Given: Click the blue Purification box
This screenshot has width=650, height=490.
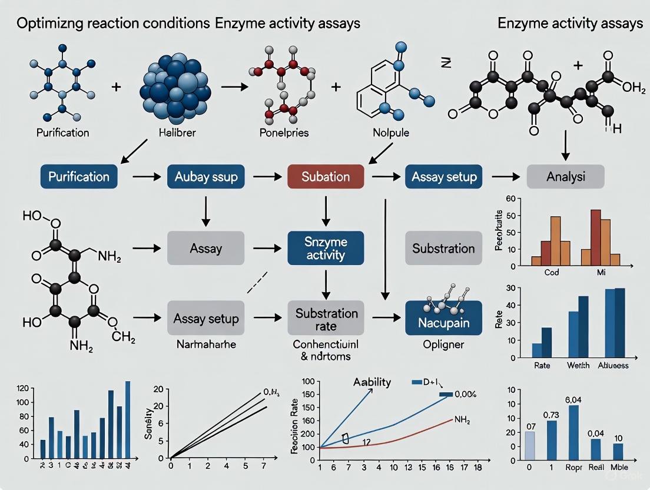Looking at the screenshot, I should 78,177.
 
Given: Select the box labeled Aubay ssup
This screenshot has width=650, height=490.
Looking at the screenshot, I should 206,177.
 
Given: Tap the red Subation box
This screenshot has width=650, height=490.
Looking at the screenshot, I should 326,177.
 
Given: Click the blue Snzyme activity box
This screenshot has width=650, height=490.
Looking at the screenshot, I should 326,248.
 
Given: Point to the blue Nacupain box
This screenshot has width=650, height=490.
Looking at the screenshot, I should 443,318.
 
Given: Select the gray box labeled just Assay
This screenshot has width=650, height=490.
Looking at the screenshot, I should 206,248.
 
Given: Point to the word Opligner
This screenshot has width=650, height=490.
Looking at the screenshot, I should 443,345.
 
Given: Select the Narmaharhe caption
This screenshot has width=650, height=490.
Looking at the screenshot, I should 205,344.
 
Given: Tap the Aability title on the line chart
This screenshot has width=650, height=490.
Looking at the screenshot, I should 372,382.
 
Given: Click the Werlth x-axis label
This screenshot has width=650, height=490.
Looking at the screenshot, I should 578,366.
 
